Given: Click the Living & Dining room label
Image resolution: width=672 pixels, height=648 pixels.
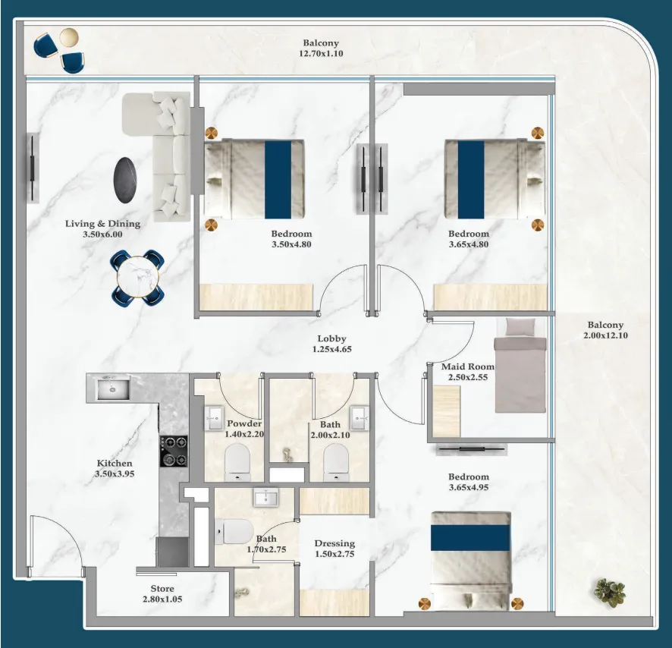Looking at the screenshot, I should tap(102, 224).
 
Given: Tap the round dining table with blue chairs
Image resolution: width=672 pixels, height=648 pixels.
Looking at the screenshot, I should tap(138, 278).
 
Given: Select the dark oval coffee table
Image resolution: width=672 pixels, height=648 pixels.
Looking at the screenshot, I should tap(127, 182).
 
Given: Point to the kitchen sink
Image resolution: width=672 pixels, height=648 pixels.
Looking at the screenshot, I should tap(112, 389).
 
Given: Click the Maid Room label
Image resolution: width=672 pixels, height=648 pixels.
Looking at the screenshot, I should tap(468, 366).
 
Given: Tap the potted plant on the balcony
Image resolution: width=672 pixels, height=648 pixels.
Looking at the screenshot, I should tap(610, 593).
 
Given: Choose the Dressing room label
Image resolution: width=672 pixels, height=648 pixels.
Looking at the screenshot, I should tap(334, 543).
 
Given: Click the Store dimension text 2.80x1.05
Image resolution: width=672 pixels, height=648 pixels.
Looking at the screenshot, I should tap(162, 599).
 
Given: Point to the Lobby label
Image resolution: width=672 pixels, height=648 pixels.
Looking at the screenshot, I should tap(331, 339).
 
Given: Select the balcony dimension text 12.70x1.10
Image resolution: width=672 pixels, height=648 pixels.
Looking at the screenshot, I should tap(321, 54).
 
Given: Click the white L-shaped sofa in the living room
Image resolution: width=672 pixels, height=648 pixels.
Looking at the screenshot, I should tap(167, 152).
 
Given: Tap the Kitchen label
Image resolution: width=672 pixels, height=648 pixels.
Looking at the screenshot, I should tap(115, 463).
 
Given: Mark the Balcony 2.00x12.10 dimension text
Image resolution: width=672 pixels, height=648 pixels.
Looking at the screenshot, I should tap(605, 335).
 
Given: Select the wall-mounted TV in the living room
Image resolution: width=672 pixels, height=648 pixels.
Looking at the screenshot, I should tap(33, 168).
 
